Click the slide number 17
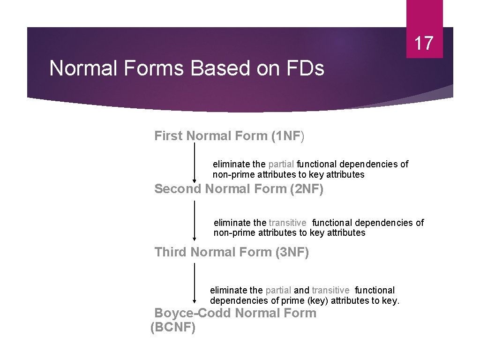click(x=424, y=43)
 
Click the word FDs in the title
click(x=305, y=68)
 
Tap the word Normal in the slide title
click(x=84, y=68)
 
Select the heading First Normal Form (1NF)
click(x=229, y=136)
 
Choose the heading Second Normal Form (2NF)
click(x=239, y=189)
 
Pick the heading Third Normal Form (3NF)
click(x=232, y=252)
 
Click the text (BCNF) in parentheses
click(x=173, y=327)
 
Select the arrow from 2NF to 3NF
click(x=195, y=220)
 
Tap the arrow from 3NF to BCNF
click(x=195, y=283)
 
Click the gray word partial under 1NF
click(x=281, y=165)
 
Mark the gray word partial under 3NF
click(x=278, y=291)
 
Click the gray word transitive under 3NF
click(x=330, y=291)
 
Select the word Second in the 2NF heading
click(x=178, y=189)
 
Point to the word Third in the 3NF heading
click(x=171, y=252)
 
